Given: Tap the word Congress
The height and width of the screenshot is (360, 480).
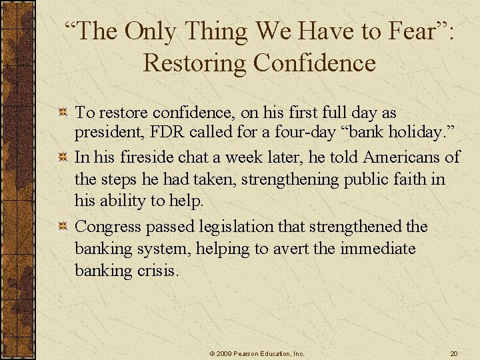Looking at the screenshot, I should tap(108, 227).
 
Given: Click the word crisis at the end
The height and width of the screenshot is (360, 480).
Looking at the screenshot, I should tap(159, 271).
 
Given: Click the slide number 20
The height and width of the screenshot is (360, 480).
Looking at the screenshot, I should tap(453, 353).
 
